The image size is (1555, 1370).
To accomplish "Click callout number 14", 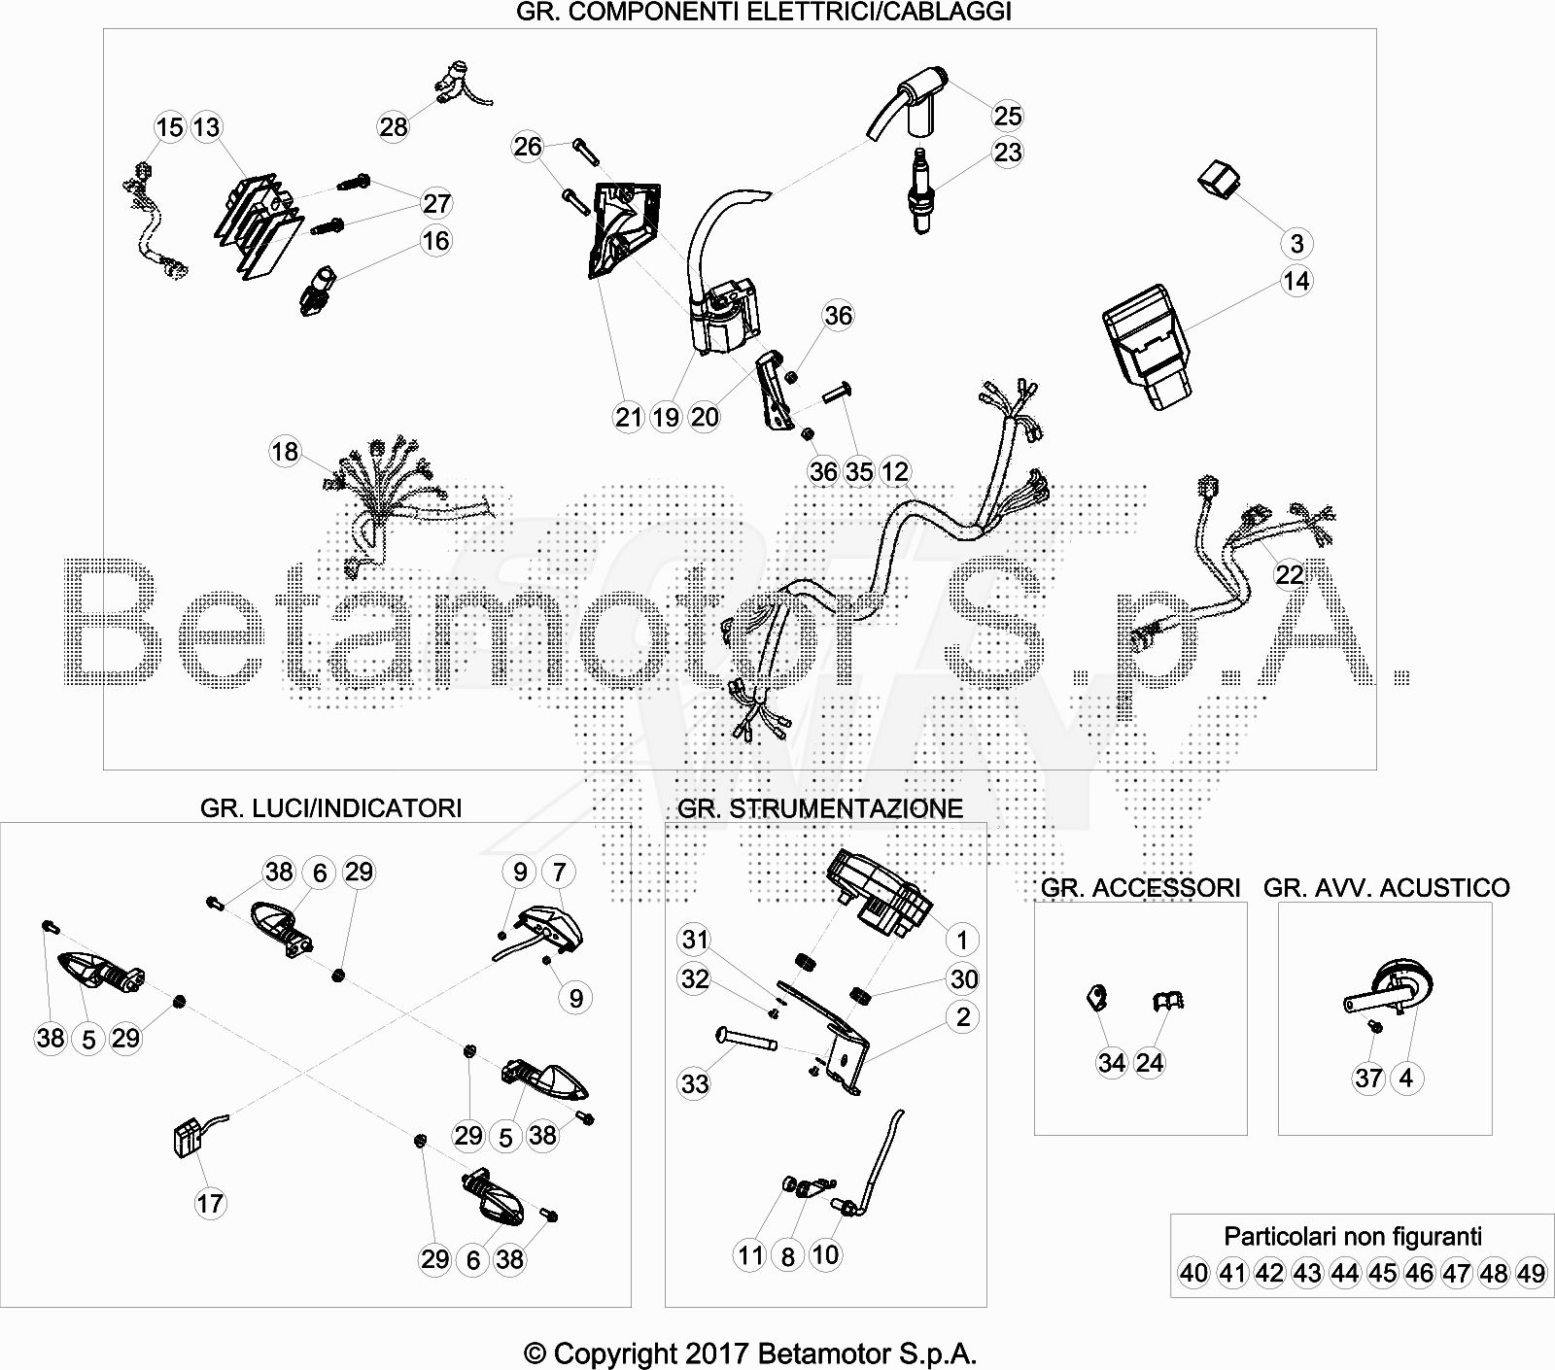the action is [1296, 282].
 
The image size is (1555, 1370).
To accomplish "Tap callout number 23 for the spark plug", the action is [1008, 153].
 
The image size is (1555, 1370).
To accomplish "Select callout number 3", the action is [1296, 243].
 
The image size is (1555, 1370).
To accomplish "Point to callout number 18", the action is [285, 452].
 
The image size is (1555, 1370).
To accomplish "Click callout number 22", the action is [1290, 575].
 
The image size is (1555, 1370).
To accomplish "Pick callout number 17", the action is [210, 1204].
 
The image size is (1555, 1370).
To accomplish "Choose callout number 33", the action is [695, 1083].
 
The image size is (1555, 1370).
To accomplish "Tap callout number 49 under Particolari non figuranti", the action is [1531, 1273].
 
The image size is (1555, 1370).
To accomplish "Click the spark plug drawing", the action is [917, 190].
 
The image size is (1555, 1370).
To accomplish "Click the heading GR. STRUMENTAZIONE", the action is [820, 808].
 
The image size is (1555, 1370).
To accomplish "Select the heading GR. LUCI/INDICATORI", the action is [331, 807].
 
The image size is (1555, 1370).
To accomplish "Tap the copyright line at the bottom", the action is [750, 1353].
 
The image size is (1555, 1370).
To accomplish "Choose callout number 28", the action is [394, 127].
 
